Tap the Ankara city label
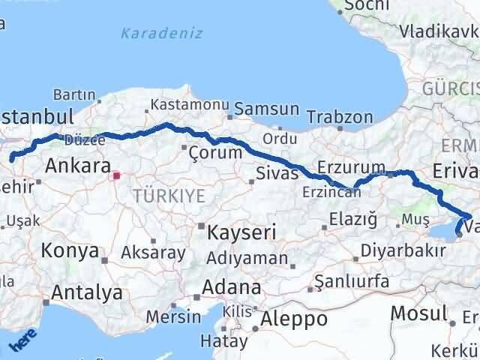pyautogui.click(x=78, y=166)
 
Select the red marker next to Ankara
pyautogui.click(x=115, y=177)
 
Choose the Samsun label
pyautogui.click(x=266, y=109)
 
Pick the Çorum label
pyautogui.click(x=216, y=152)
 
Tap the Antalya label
pyautogui.click(x=85, y=292)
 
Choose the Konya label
pyautogui.click(x=70, y=251)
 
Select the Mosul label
pyautogui.click(x=421, y=313)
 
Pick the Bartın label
pyautogui.click(x=73, y=95)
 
